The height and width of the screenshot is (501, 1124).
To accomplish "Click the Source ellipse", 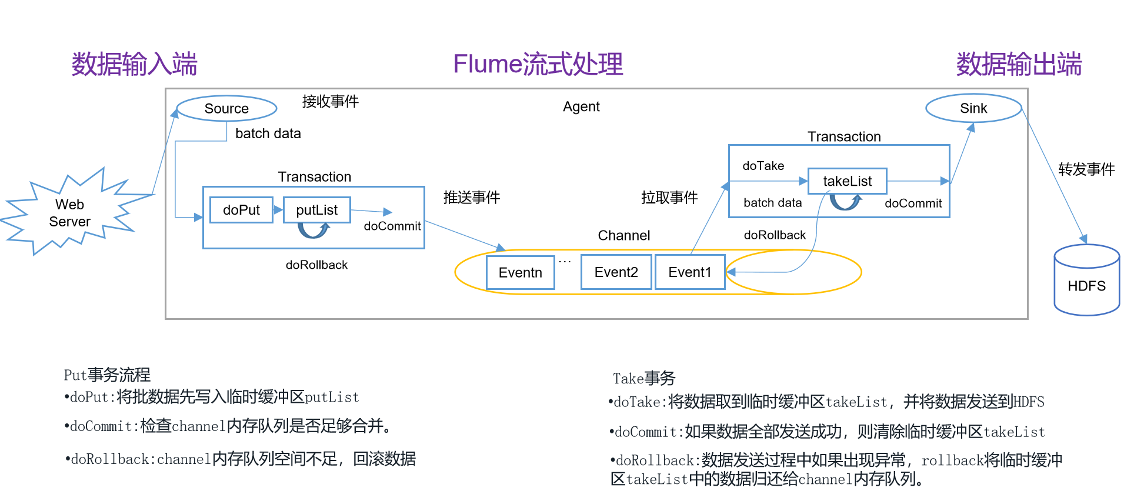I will (226, 108).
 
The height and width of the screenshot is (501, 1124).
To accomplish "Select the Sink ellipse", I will (973, 108).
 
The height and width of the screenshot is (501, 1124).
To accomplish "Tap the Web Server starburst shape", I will (70, 213).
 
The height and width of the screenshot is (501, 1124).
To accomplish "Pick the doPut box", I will (241, 210).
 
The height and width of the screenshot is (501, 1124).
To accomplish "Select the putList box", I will (316, 210).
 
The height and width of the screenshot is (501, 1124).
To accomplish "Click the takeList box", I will (847, 181).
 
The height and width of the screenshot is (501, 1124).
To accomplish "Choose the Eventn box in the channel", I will (520, 272).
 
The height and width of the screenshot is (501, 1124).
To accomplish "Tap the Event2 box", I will (616, 272).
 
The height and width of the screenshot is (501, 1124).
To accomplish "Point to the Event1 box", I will (689, 272).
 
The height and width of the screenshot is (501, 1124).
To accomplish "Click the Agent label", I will (581, 106).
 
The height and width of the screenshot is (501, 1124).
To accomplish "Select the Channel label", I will (623, 235).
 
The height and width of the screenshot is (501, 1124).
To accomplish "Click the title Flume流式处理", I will (538, 64).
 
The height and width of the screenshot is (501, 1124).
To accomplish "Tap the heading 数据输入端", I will (134, 64).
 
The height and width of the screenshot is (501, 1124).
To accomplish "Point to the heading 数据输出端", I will (1019, 64).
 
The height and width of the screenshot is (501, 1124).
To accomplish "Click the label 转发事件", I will (1086, 169).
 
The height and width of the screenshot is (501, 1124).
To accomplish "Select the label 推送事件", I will (471, 198).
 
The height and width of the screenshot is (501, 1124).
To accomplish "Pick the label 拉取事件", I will (669, 198).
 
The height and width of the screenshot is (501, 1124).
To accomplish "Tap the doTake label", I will (763, 166).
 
